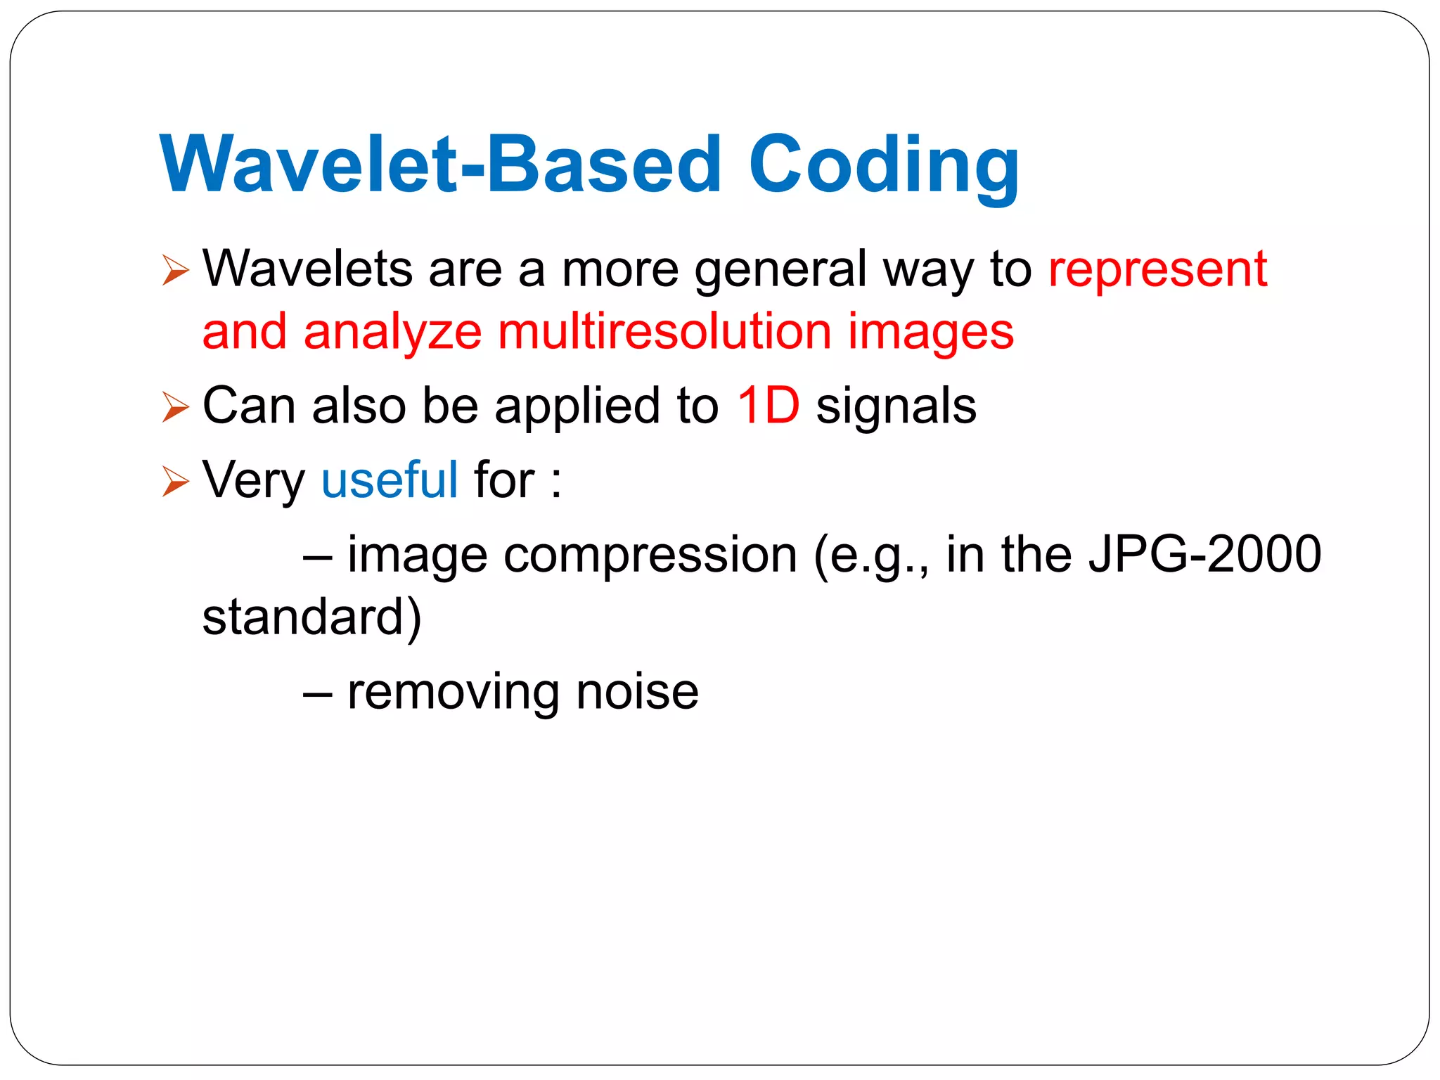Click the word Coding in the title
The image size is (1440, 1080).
tap(883, 166)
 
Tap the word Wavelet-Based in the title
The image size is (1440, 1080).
tap(441, 166)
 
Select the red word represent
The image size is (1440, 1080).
tap(1157, 269)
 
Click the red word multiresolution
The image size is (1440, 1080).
tap(664, 332)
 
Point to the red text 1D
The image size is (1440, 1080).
tap(768, 406)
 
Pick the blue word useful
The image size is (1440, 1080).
tap(390, 480)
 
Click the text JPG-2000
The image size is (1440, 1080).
tap(1204, 555)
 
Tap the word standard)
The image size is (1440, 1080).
tap(311, 617)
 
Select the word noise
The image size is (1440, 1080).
tap(637, 692)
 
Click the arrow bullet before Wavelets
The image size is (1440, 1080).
tap(175, 271)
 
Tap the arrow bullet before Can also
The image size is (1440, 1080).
tap(175, 407)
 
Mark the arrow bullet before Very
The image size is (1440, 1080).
tap(175, 482)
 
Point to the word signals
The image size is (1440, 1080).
tap(896, 407)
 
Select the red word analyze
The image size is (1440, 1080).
tap(392, 333)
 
